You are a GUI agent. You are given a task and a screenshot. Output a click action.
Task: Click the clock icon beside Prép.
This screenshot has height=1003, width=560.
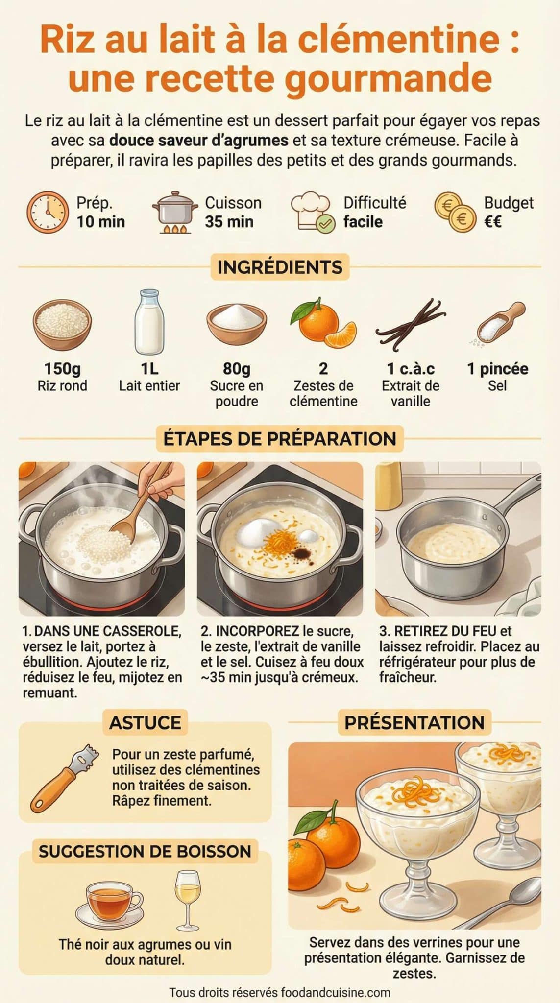(x=48, y=212)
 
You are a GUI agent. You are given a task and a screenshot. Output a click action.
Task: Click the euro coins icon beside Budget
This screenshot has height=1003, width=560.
(x=455, y=212)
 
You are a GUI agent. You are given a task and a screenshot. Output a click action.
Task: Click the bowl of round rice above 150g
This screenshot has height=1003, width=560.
(x=62, y=324)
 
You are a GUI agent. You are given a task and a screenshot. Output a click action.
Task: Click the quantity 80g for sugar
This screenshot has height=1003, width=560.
(x=237, y=368)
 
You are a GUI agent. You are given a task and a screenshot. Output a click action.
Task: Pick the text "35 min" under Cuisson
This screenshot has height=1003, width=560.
(x=229, y=222)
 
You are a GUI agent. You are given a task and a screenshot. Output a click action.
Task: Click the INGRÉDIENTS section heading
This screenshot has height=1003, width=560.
(x=280, y=267)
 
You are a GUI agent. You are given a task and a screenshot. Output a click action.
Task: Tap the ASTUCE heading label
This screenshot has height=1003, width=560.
(x=145, y=722)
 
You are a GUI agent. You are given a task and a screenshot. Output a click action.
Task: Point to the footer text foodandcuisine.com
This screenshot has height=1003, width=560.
(x=336, y=993)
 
